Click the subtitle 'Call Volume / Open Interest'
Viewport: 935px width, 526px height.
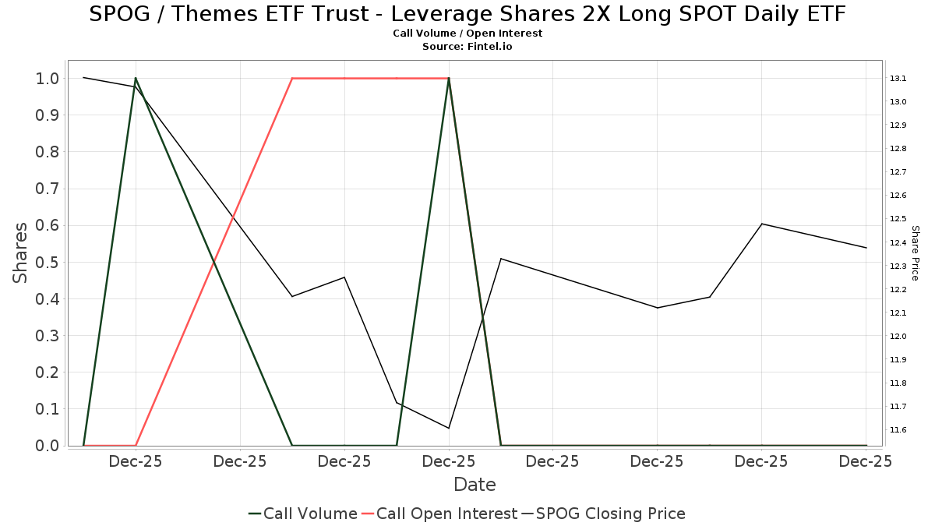click(x=467, y=34)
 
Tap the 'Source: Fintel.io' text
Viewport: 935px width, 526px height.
click(x=467, y=47)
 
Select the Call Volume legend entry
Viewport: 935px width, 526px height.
click(x=303, y=514)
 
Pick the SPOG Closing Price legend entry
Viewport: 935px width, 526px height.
click(x=604, y=514)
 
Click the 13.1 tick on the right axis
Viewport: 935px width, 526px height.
click(x=898, y=79)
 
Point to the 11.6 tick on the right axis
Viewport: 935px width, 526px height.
click(x=898, y=430)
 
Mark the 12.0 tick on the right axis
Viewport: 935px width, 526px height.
click(x=898, y=337)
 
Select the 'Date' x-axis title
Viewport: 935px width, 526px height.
click(x=475, y=485)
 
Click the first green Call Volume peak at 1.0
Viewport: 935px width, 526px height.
click(x=136, y=78)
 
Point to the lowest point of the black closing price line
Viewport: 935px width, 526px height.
click(x=449, y=428)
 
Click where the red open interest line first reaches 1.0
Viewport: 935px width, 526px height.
click(x=292, y=78)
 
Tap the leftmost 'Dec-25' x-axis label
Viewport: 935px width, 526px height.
click(x=136, y=461)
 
